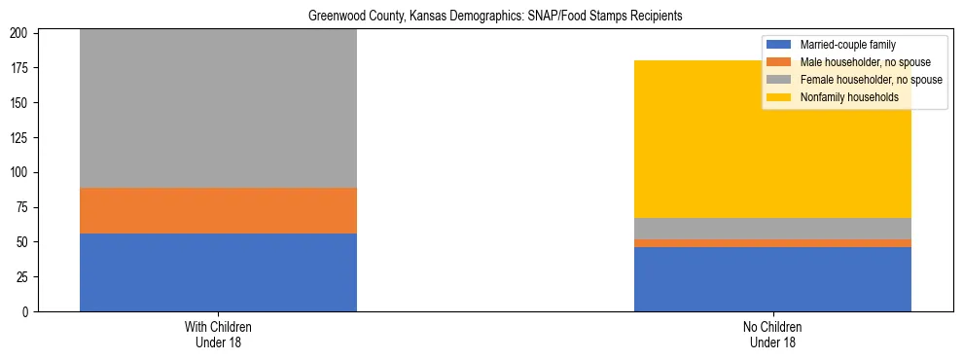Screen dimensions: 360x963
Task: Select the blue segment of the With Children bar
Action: [218, 272]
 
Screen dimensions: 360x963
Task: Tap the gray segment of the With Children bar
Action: [218, 108]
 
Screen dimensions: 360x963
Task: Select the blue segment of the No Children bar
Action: [772, 279]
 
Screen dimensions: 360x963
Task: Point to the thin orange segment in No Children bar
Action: [772, 243]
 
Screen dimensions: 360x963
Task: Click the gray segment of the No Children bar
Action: [772, 229]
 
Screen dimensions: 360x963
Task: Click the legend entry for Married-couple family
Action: [847, 45]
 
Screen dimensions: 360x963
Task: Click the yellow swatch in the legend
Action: [779, 97]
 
